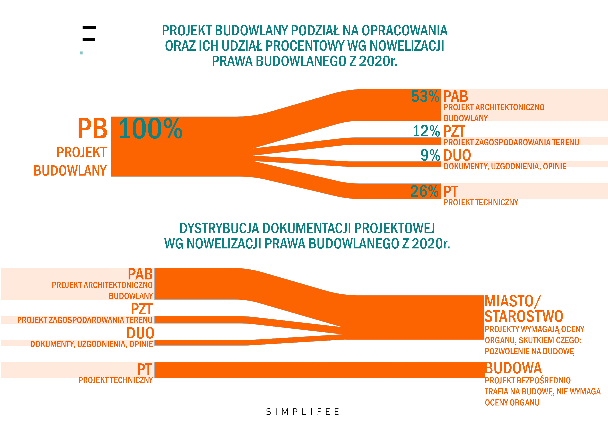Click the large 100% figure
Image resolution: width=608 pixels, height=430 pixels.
150,129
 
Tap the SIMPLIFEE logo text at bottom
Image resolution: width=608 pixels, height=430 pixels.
302,412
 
